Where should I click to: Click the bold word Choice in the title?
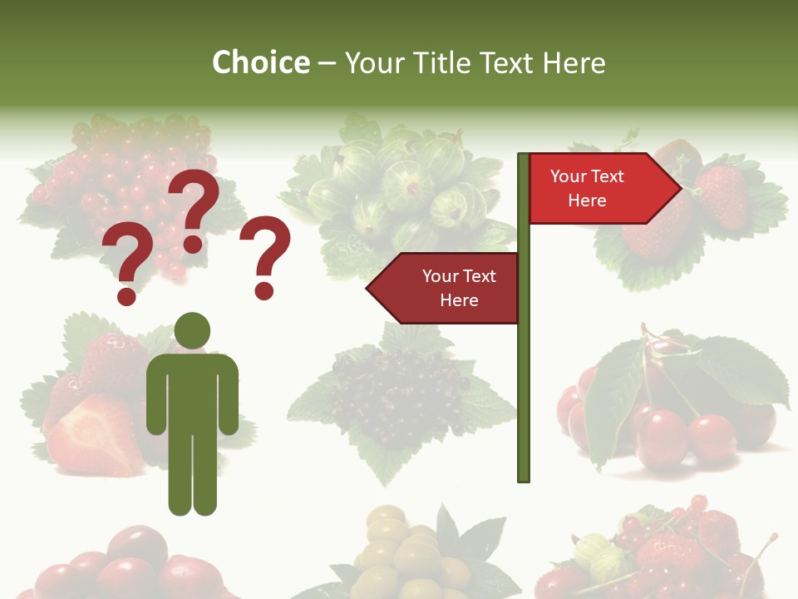coord(260,62)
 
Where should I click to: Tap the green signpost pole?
coord(524,374)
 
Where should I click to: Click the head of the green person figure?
coord(192,330)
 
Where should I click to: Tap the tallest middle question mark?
coord(196,208)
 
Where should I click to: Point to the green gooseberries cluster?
coord(399,187)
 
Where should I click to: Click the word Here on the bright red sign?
coord(587,200)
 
